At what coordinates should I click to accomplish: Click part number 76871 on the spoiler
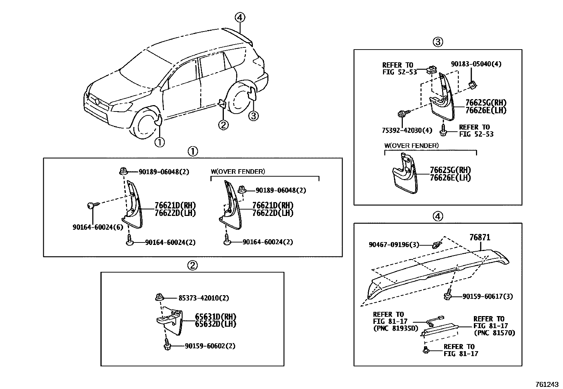click(480, 238)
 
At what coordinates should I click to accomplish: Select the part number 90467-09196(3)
click(394, 245)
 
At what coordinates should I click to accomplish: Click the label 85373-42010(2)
click(198, 298)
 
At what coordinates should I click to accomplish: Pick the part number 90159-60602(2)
click(210, 346)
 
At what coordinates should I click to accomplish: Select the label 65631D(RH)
click(215, 317)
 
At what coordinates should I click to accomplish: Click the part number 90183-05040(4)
click(476, 64)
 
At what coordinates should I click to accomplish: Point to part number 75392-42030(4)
click(407, 130)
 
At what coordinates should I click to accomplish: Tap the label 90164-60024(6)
click(98, 227)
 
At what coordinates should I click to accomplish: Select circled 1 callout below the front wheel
click(159, 142)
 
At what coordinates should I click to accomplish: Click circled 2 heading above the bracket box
click(192, 265)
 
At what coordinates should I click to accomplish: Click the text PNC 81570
click(494, 333)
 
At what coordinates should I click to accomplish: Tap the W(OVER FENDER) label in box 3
click(411, 145)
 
